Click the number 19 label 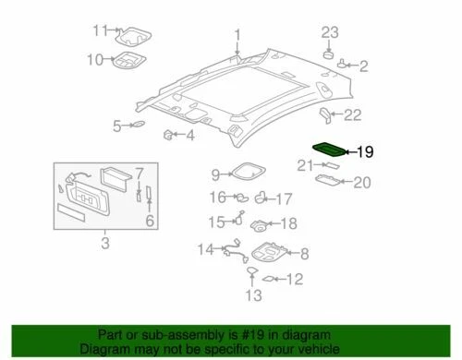[365, 150]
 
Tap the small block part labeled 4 [168, 137]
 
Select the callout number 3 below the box [104, 244]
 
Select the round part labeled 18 [261, 222]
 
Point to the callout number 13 [252, 294]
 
